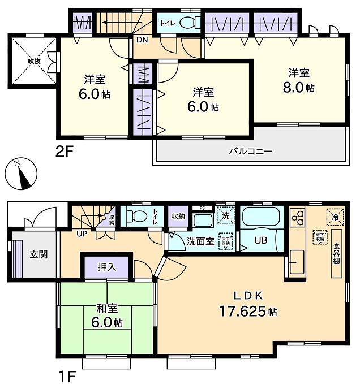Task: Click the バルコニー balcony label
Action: point(251,151)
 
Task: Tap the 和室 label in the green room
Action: point(106,309)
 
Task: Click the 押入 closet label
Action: point(108,267)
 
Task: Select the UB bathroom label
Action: point(261,240)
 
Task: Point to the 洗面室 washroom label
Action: point(200,241)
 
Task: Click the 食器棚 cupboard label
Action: point(336,253)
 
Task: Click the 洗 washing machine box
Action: point(226,215)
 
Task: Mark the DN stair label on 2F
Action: point(140,40)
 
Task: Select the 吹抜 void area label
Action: point(32,62)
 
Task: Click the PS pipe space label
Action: point(200,208)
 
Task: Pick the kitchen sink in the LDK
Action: point(298,261)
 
